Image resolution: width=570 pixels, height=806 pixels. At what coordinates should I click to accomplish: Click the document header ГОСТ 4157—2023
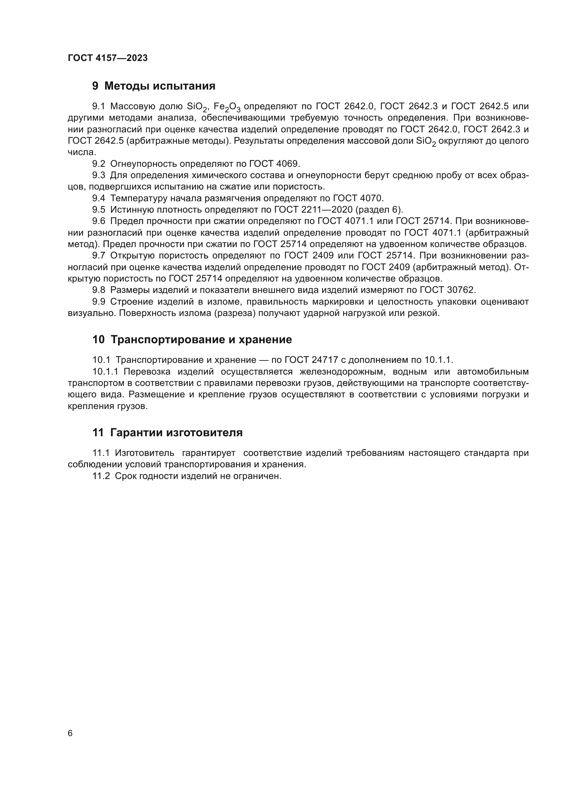108,58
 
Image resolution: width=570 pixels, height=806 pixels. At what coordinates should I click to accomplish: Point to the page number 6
70,733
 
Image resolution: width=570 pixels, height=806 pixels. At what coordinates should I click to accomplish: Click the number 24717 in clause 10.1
325,360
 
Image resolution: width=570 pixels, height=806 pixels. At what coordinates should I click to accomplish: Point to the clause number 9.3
99,175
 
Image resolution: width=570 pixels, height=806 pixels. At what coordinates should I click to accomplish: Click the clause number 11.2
101,476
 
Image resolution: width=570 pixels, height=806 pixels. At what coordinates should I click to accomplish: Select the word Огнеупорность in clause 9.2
144,164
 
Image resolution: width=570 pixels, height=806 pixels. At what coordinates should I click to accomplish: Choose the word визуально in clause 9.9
91,313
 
